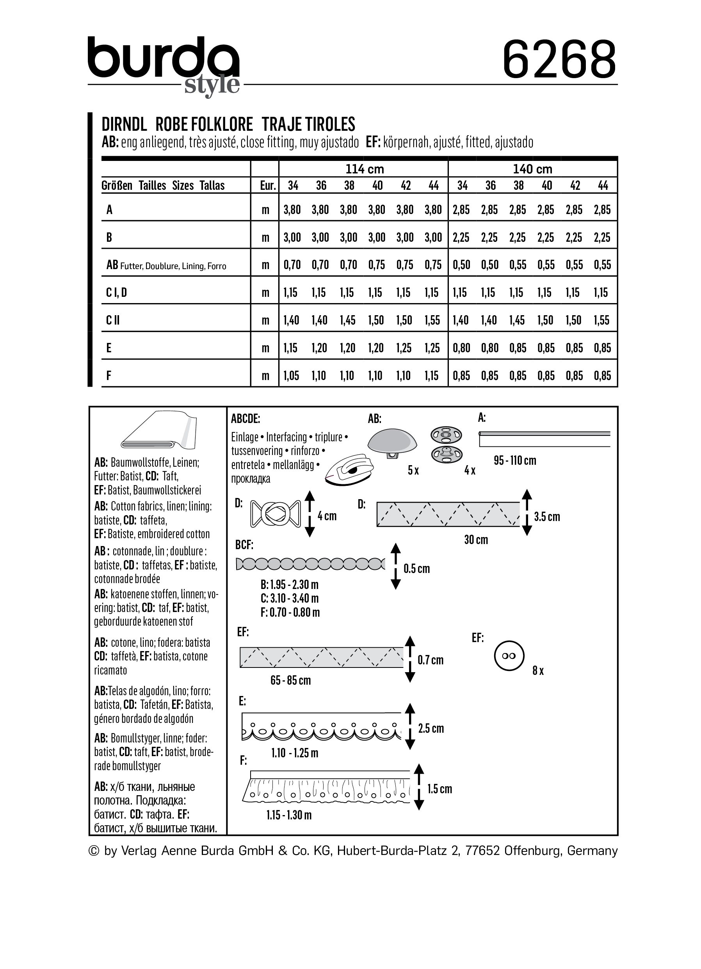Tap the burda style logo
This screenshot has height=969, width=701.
click(164, 64)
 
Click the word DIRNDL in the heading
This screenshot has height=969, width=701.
click(124, 124)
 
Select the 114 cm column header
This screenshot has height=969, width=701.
click(364, 169)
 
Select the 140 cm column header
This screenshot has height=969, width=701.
click(532, 169)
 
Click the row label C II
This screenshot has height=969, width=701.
click(113, 320)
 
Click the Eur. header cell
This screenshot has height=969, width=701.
click(268, 186)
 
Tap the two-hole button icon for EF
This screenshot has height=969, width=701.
click(509, 656)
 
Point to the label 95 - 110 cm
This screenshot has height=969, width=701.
click(514, 460)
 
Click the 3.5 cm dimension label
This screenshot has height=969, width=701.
click(546, 517)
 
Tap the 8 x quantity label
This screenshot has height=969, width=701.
click(538, 671)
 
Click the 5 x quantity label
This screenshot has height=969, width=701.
click(413, 470)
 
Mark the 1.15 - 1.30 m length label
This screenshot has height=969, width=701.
click(288, 815)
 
